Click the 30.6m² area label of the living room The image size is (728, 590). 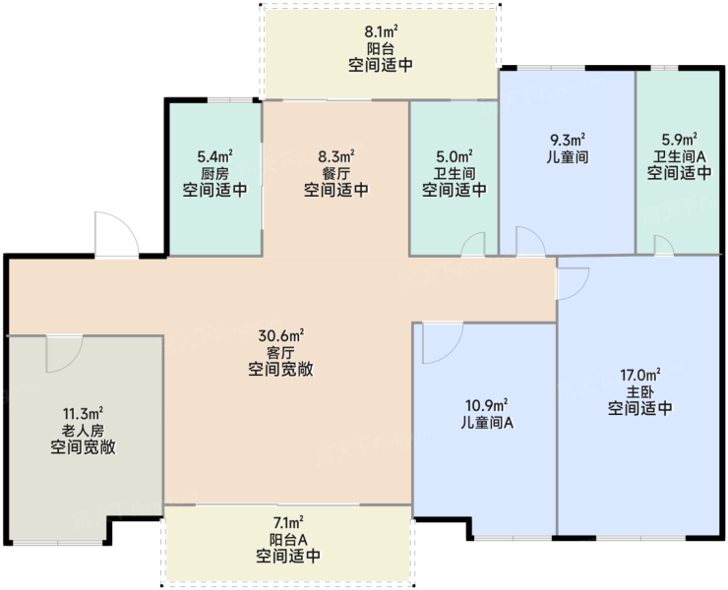pos(281,334)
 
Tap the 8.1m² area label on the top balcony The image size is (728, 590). pos(381,31)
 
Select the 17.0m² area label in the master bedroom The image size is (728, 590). pos(640,374)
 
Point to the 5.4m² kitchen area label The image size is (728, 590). pos(215,156)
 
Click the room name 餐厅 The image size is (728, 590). pos(336,173)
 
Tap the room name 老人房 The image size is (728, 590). pos(83,431)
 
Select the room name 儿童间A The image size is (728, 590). pos(487,423)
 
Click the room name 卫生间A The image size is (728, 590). pos(680,156)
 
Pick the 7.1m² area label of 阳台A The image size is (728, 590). pos(288,523)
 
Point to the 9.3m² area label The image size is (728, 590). pos(568,140)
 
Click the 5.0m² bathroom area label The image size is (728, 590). pos(455,156)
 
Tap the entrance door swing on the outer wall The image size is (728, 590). pos(116,234)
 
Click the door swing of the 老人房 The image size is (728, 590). pos(64,354)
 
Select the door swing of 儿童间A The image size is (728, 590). pos(443,343)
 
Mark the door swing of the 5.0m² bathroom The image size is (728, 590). pos(473,244)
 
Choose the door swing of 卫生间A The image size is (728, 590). pos(663,245)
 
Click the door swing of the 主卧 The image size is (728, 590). pos(573,283)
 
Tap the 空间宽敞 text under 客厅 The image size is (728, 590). pos(281,369)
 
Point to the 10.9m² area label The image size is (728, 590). pos(487,405)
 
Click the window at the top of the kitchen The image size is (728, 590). pos(230,99)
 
